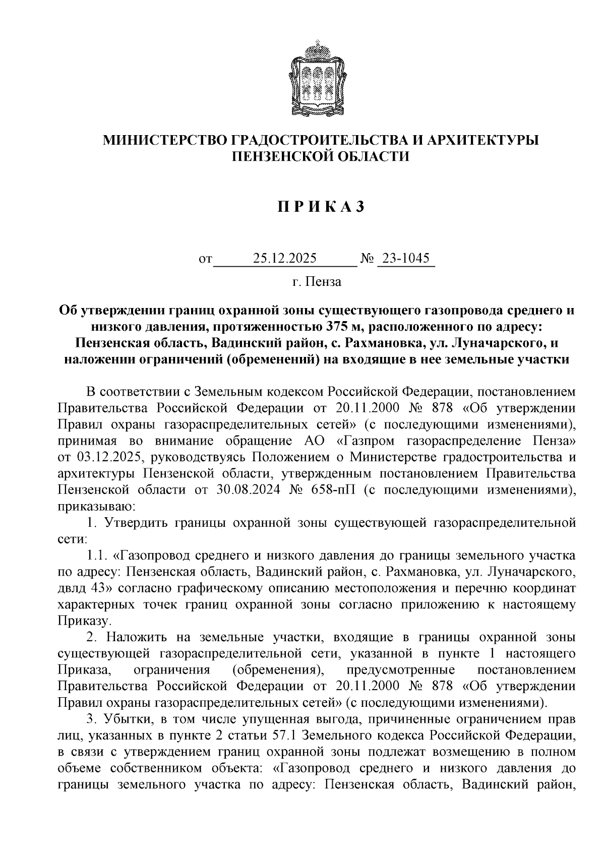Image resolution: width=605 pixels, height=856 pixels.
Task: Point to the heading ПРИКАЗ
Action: click(320, 208)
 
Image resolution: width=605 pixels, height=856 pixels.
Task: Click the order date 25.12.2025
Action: click(285, 259)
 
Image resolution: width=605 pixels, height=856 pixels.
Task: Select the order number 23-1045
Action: click(406, 259)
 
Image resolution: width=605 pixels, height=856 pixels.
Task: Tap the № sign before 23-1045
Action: click(368, 260)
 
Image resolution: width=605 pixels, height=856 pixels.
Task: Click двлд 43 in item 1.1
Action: click(81, 588)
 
